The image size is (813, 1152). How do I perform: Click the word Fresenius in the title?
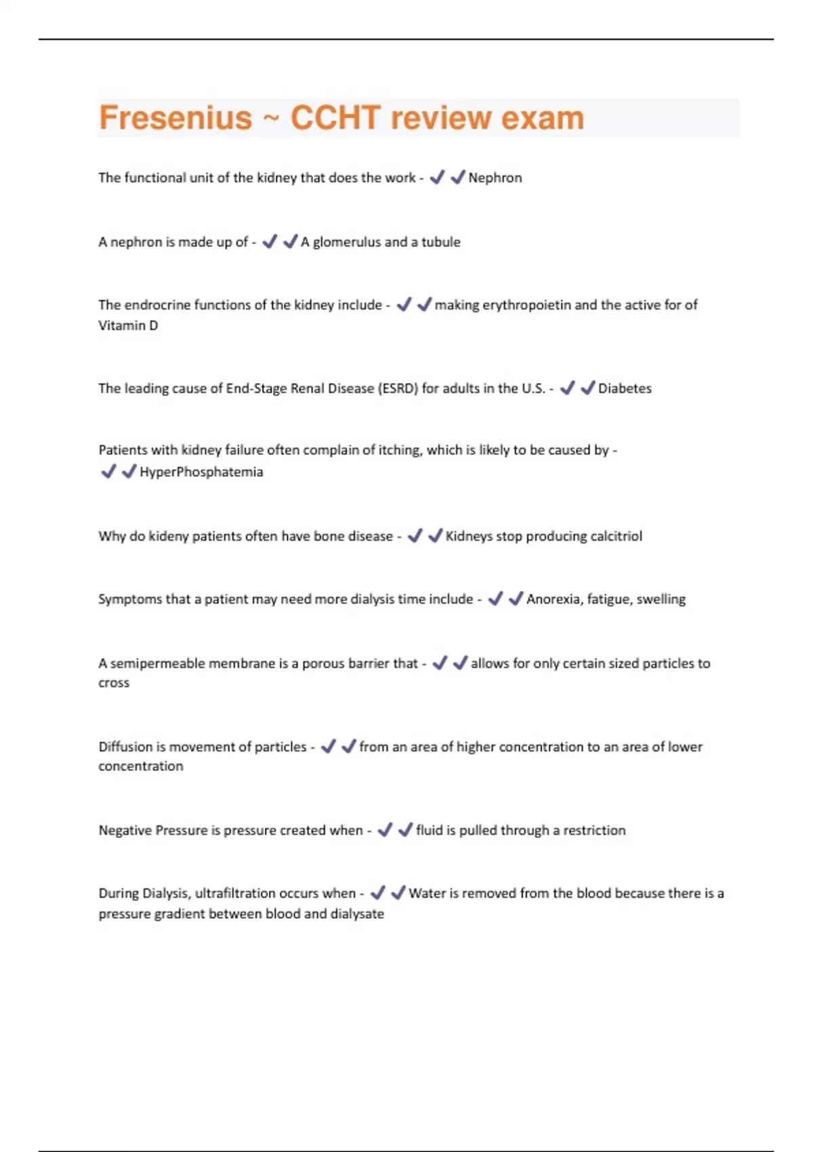pos(175,118)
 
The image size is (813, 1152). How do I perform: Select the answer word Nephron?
pos(495,178)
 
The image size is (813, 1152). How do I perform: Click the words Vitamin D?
pos(128,326)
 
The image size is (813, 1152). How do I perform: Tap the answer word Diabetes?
pos(625,389)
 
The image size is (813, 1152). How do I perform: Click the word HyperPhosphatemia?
pos(201,472)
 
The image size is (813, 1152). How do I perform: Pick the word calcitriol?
pos(616,537)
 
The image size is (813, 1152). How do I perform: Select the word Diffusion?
pos(125,747)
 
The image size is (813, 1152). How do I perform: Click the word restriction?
pos(594,831)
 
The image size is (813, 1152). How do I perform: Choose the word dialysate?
pos(358,914)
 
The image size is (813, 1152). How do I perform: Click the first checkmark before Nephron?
pos(437,178)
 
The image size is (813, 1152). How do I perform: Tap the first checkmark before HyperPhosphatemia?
pos(108,472)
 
